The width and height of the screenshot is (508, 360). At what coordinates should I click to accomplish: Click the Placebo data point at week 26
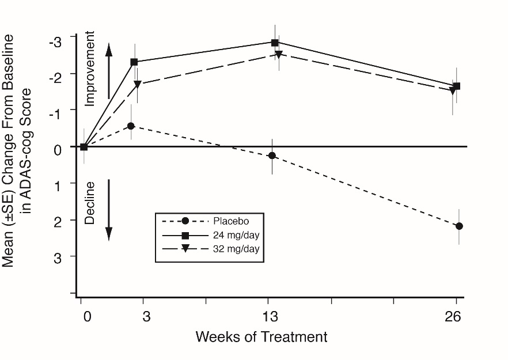pos(459,226)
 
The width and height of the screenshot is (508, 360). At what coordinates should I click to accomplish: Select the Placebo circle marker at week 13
pos(272,156)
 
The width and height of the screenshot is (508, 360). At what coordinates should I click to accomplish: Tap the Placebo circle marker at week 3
pos(131,126)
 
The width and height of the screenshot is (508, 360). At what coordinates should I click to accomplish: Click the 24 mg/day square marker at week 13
pos(275,42)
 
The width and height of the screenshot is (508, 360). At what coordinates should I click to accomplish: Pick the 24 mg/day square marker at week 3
pos(134,62)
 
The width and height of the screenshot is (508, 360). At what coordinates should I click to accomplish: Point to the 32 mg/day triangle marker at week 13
pos(279,55)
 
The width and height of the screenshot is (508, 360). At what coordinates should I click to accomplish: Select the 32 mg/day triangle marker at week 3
pos(138,84)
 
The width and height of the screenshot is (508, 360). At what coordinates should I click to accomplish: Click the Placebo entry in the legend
pos(230,221)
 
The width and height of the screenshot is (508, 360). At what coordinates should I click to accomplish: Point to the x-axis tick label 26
pos(456,317)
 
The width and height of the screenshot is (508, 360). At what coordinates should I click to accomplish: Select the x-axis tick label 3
pos(147,317)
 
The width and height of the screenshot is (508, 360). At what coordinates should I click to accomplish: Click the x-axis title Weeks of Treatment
pos(261,337)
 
